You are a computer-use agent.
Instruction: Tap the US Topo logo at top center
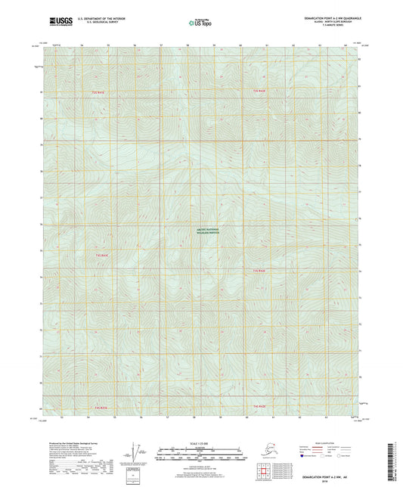pyautogui.click(x=200, y=20)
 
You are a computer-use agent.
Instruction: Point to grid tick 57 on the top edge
pyautogui.click(x=162, y=45)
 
